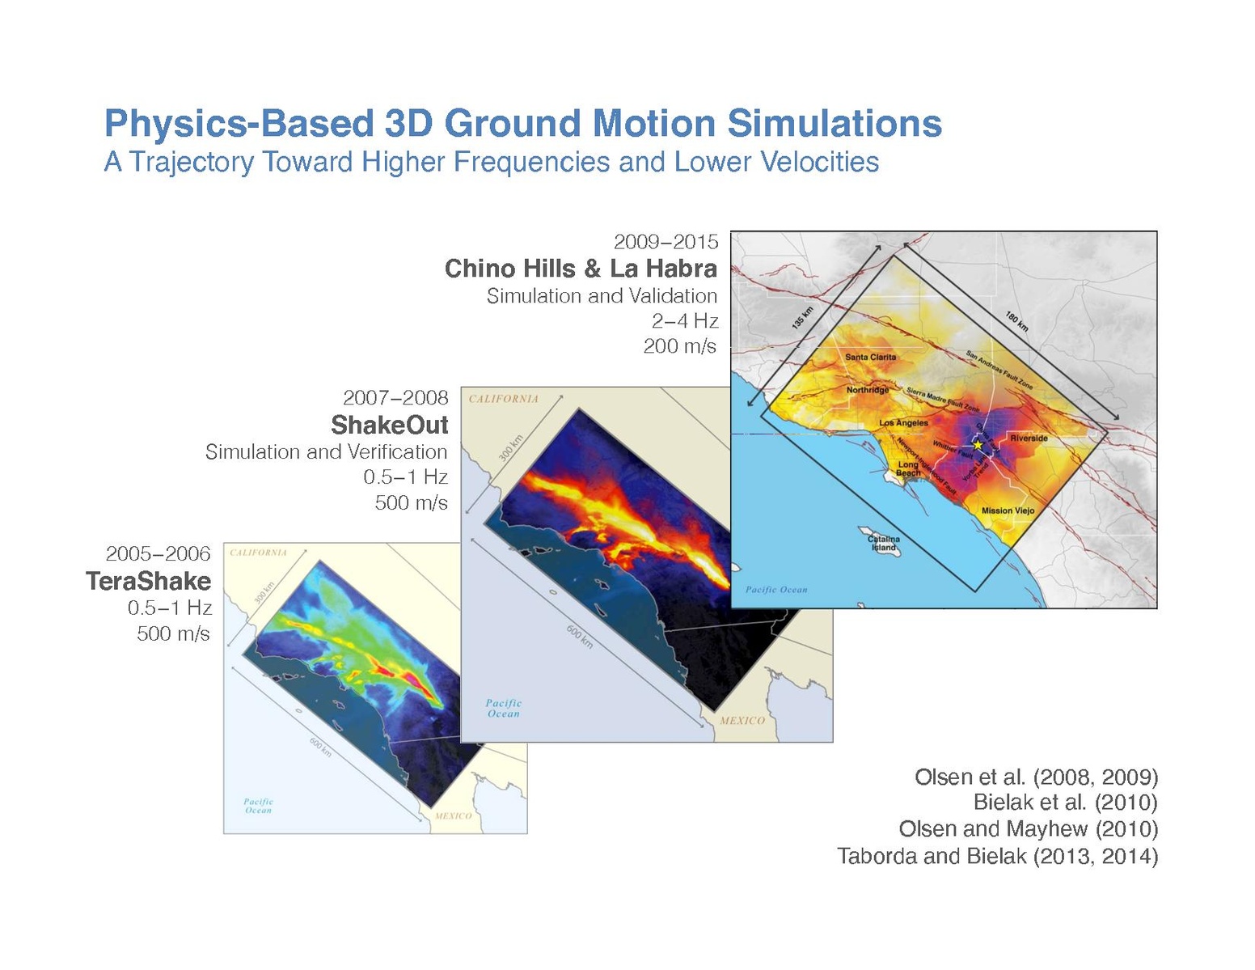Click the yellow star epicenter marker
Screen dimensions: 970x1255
977,444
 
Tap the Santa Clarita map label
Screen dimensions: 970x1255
870,357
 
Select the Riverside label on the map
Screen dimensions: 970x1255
1029,438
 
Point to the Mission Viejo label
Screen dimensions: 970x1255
1008,510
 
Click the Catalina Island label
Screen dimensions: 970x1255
883,543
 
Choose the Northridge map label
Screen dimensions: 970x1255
868,390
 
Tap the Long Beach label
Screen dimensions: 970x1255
908,468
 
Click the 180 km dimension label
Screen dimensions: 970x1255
1016,321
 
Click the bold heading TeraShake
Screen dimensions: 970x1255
149,581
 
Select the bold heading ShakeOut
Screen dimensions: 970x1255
389,425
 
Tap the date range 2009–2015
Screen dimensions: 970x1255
666,241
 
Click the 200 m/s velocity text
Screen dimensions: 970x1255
679,346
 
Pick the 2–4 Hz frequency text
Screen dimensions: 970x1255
684,321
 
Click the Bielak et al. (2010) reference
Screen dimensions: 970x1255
1065,803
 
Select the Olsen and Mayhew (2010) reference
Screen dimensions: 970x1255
1028,829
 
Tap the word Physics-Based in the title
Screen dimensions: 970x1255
235,124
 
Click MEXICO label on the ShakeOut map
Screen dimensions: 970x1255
742,720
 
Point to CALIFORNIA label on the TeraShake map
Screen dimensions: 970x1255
258,553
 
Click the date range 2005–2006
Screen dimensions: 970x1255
158,553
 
